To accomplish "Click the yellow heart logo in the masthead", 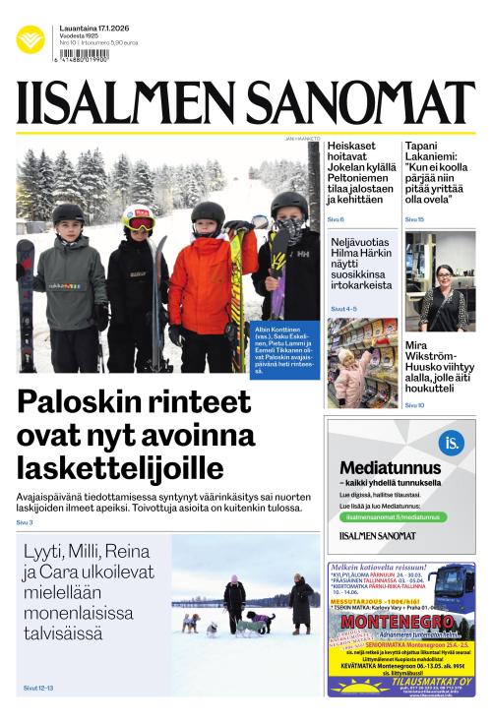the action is click(x=30, y=39).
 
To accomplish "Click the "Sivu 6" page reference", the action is click(x=336, y=218).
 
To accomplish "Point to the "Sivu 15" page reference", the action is click(x=414, y=218).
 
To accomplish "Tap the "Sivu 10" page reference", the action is click(x=414, y=405).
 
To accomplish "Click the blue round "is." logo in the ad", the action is click(x=451, y=442).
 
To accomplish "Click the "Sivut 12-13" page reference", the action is click(x=37, y=688).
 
